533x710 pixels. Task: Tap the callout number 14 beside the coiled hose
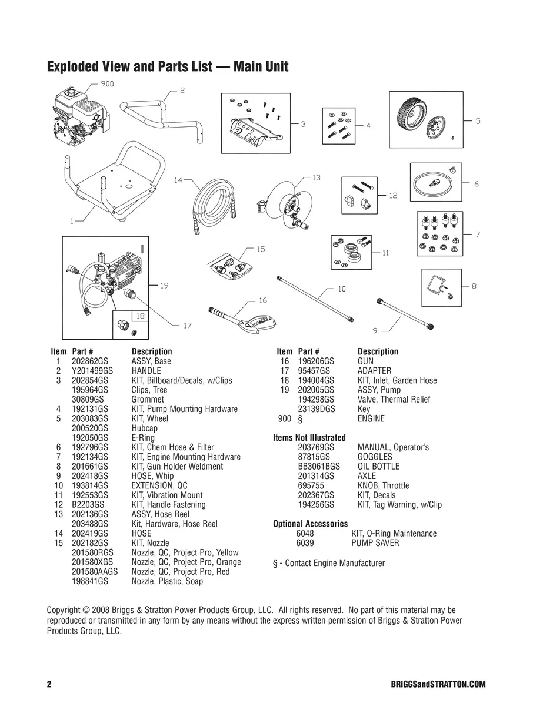(178, 180)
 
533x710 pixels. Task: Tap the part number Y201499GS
(92, 371)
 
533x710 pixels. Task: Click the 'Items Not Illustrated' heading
(309, 438)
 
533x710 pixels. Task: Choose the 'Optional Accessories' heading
(310, 524)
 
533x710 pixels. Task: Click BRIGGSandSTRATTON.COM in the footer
(438, 685)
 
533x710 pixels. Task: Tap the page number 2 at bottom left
(49, 685)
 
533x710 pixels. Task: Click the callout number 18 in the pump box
(140, 316)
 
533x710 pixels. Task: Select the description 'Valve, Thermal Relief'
(394, 400)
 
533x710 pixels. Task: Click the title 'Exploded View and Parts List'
(167, 66)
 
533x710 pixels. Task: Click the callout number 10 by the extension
(341, 289)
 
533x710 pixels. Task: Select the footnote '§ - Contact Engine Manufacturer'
(329, 563)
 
